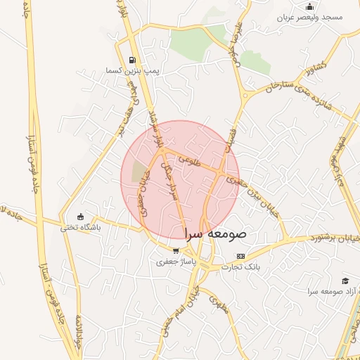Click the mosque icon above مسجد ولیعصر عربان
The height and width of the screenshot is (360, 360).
pyautogui.click(x=311, y=7)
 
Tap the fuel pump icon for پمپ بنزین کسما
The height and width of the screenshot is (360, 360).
pyautogui.click(x=133, y=60)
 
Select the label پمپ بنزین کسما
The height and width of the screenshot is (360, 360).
pyautogui.click(x=133, y=71)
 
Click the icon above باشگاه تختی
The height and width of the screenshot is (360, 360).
pyautogui.click(x=80, y=217)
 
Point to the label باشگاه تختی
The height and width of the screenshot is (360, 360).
pyautogui.click(x=80, y=227)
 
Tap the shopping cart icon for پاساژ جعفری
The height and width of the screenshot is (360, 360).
pyautogui.click(x=176, y=250)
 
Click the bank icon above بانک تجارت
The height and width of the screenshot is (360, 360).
pyautogui.click(x=241, y=256)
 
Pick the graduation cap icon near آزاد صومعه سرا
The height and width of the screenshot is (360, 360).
pyautogui.click(x=345, y=281)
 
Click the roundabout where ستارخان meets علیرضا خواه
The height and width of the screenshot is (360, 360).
pyautogui.click(x=245, y=94)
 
